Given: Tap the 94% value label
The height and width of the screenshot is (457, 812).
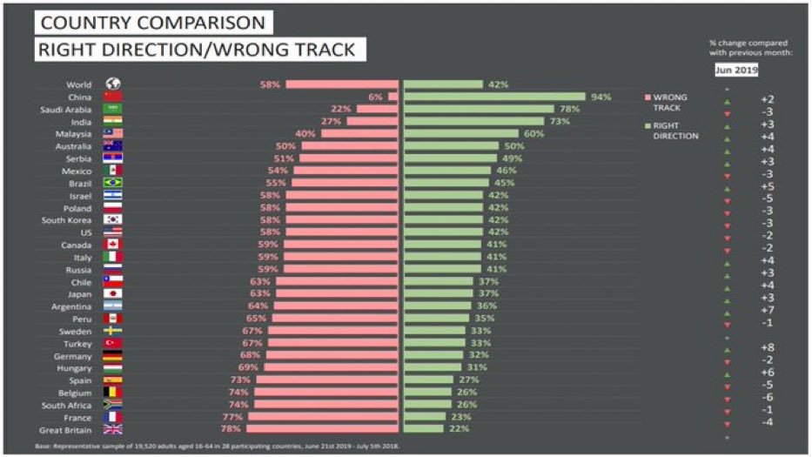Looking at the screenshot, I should [x=601, y=97].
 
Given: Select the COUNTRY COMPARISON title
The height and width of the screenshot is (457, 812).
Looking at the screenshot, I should [x=151, y=21].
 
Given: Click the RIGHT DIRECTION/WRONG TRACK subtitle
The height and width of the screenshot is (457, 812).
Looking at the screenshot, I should [x=196, y=49].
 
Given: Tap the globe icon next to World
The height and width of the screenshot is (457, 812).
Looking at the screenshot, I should [x=113, y=84].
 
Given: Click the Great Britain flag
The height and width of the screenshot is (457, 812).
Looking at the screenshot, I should [x=113, y=429].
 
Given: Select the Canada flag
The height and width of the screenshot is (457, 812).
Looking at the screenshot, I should [x=113, y=245].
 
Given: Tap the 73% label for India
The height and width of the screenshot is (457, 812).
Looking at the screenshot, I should [x=584, y=122].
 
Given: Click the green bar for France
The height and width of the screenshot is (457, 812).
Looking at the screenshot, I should [x=426, y=417].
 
